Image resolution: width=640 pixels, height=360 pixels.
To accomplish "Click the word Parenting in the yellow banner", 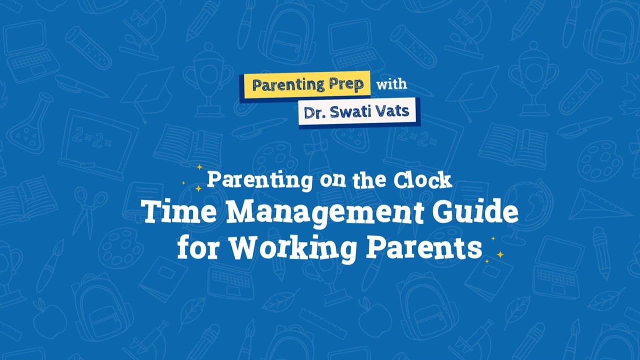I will [x=281, y=85].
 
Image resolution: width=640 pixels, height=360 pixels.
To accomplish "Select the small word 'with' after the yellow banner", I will [x=391, y=84].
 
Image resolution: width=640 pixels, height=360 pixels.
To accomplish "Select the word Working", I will [x=292, y=248].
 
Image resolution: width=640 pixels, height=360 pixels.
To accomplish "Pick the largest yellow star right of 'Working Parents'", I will [x=500, y=254].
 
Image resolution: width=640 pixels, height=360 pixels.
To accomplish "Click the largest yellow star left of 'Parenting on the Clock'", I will [x=198, y=188].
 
